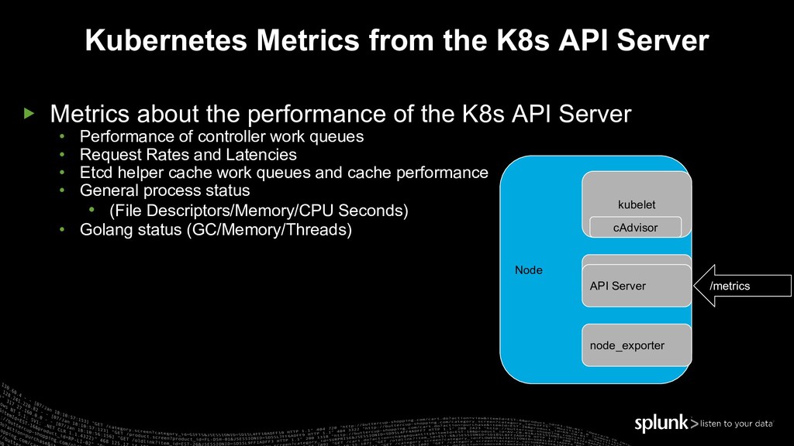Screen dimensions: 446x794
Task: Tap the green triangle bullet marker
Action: tap(29, 114)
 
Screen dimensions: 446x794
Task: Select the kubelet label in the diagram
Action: tap(636, 204)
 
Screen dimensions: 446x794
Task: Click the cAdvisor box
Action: tap(635, 228)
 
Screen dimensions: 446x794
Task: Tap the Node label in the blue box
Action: tap(529, 270)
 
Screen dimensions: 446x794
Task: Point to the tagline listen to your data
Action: tap(737, 424)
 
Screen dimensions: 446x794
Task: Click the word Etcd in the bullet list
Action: tap(95, 172)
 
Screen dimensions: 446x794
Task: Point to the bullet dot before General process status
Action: tap(63, 190)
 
